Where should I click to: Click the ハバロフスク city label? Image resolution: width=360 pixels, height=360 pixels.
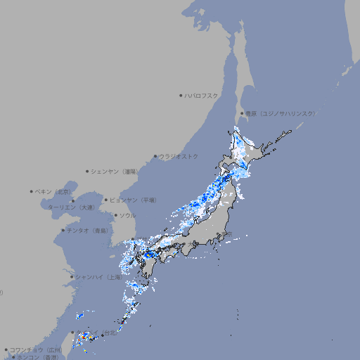point(202,95)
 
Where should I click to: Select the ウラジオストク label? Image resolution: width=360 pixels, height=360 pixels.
point(179,156)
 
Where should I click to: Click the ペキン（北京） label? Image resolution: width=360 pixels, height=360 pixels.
point(53,191)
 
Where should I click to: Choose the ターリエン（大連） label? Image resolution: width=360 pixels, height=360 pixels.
point(70,207)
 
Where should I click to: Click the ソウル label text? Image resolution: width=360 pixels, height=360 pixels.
point(127,215)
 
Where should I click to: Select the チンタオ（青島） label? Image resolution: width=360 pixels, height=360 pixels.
point(88,230)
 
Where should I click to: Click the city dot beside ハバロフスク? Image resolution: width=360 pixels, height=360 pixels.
point(181,95)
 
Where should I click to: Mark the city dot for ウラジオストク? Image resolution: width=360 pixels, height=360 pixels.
point(155,156)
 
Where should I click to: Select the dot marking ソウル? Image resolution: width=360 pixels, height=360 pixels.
point(115,215)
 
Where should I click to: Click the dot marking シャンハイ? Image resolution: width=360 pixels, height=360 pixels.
point(72,277)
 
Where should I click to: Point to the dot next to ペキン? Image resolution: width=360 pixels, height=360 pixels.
point(32,191)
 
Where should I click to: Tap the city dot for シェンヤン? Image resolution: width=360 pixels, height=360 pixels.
point(87,171)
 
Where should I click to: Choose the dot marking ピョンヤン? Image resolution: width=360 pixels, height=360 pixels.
point(107,200)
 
